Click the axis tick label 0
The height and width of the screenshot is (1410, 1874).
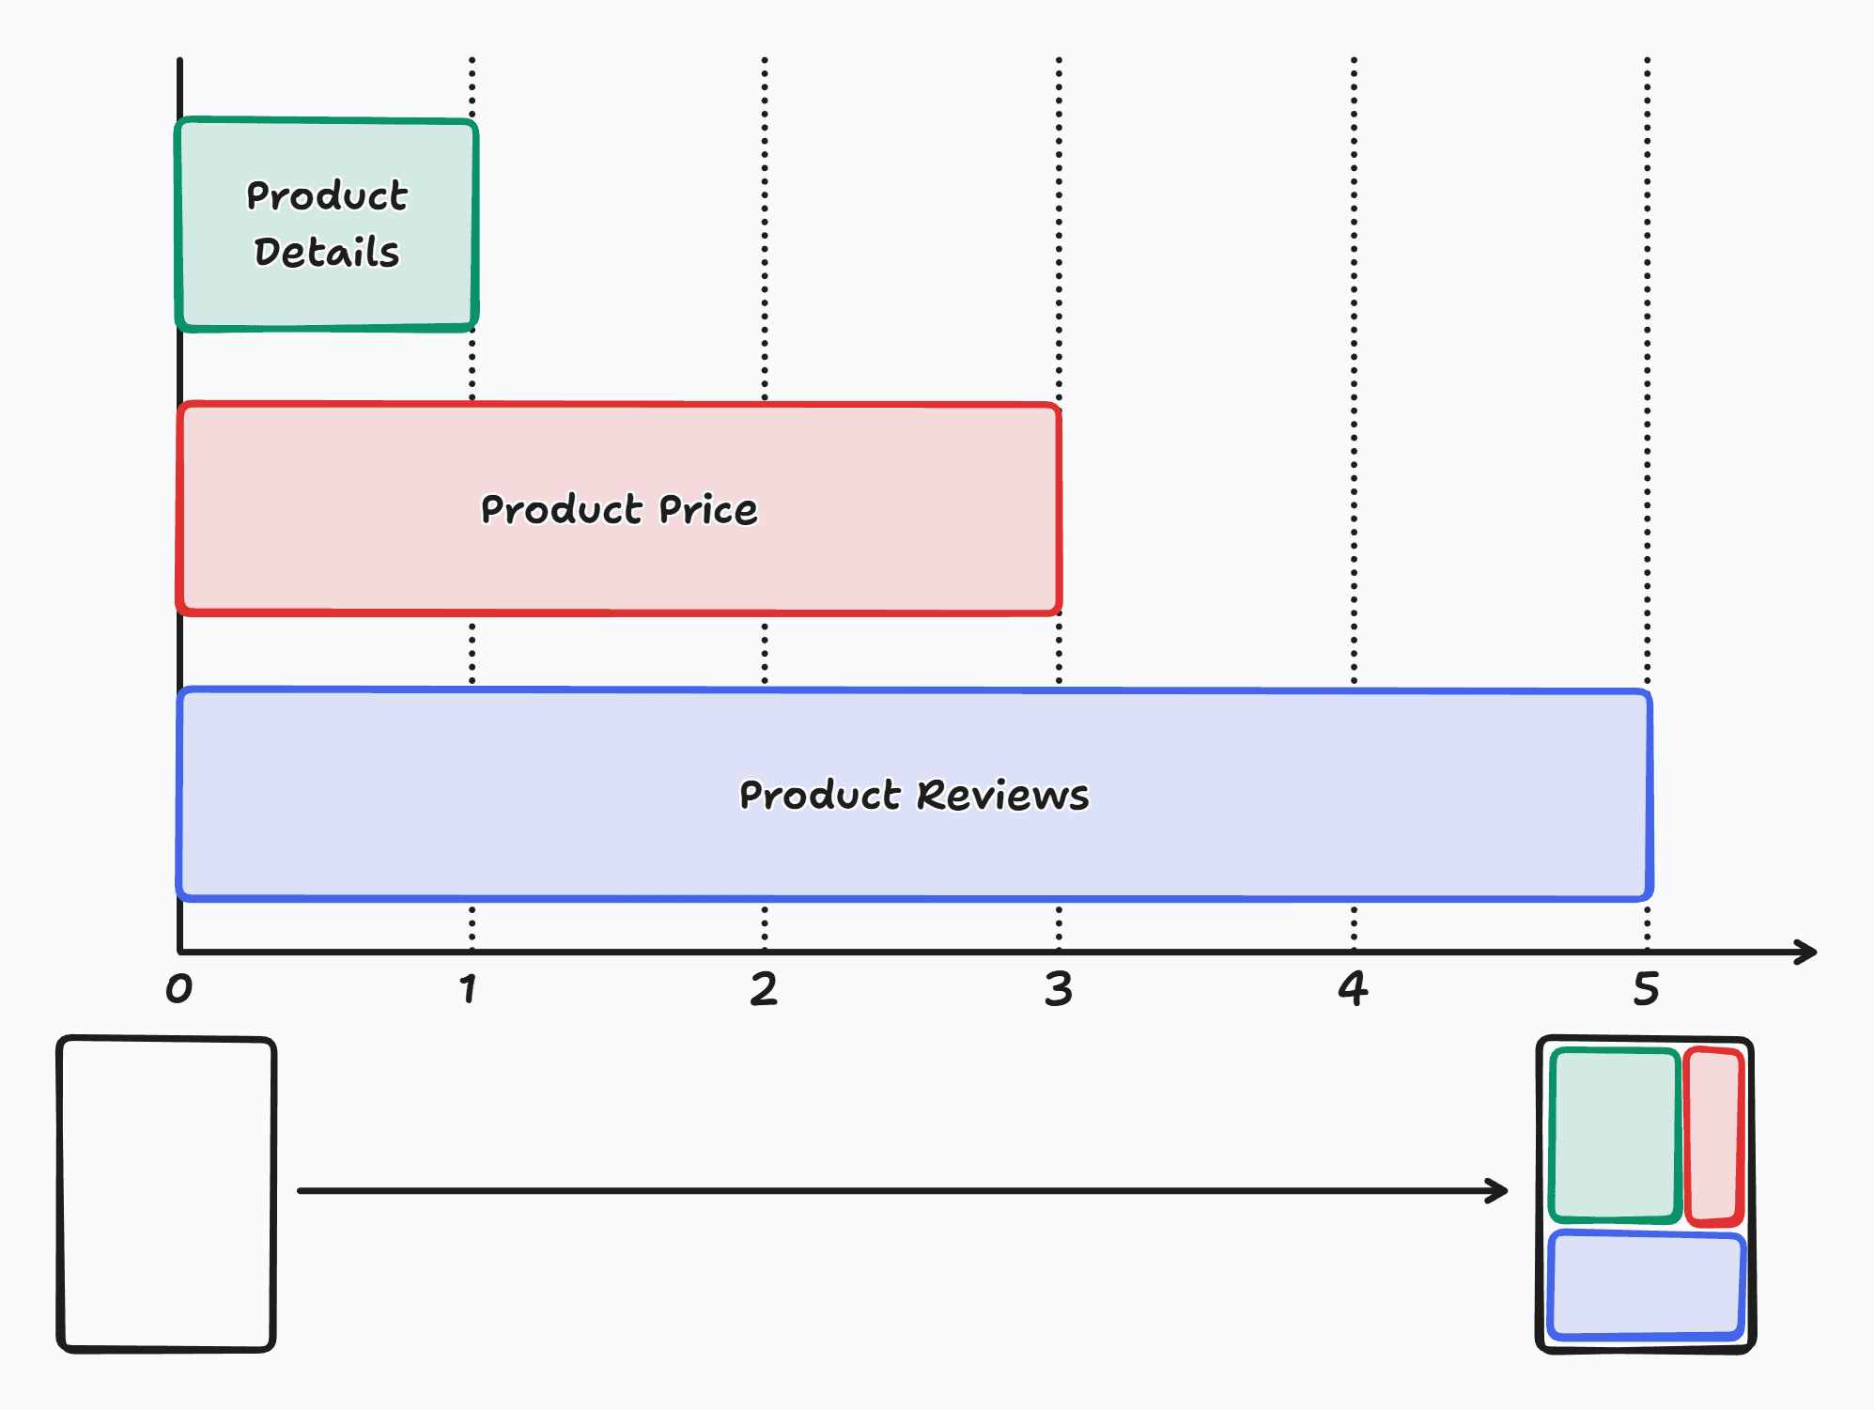click(x=178, y=989)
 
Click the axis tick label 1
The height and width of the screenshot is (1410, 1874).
click(x=469, y=989)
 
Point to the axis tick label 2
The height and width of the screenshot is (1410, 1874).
click(x=764, y=989)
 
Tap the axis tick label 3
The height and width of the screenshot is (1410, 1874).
click(x=1059, y=989)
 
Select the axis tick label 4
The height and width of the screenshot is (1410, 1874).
click(x=1353, y=989)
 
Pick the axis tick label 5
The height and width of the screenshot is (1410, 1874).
click(x=1646, y=989)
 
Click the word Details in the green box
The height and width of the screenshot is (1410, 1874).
click(x=327, y=252)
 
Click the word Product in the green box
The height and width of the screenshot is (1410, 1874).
click(x=327, y=195)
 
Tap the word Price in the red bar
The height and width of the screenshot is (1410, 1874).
click(x=707, y=509)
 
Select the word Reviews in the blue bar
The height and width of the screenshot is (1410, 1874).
click(x=1002, y=795)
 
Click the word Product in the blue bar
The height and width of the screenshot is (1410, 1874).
click(x=820, y=795)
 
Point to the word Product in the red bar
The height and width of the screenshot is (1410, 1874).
click(x=561, y=509)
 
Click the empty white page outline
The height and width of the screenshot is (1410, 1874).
click(x=166, y=1193)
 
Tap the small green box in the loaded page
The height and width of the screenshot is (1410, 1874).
click(x=1614, y=1135)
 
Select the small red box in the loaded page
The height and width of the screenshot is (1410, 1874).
click(x=1714, y=1137)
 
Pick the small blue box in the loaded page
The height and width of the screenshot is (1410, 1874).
click(x=1646, y=1284)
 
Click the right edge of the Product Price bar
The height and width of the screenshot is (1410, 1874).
click(x=1059, y=508)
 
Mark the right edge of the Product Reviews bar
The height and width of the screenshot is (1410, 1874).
click(x=1649, y=795)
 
